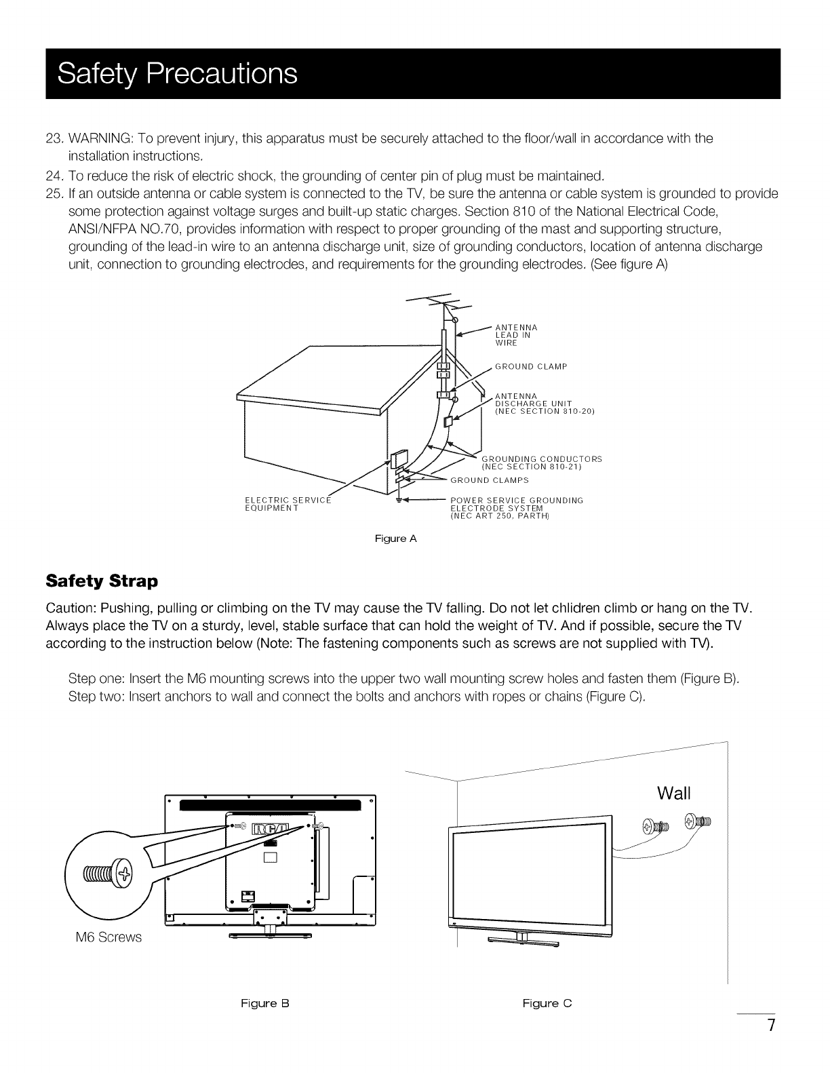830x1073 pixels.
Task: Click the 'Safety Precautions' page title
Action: pos(178,74)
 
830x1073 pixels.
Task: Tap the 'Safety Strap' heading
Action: pos(101,581)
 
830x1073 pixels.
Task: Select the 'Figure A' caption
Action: pos(396,539)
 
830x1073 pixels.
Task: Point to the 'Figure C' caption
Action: pos(547,1003)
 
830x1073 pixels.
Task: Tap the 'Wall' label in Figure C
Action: pos(674,793)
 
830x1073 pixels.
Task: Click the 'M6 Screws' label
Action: pos(108,937)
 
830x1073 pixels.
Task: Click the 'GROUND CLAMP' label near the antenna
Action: pos(531,367)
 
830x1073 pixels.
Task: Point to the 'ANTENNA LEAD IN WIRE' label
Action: pos(517,334)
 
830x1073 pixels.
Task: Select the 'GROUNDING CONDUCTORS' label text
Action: pos(541,459)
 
